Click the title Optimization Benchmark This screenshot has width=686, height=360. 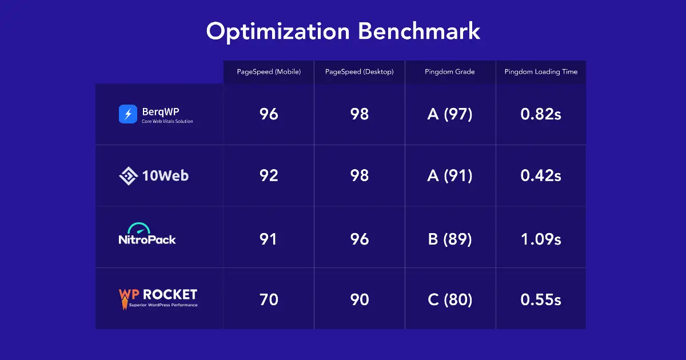[x=343, y=31]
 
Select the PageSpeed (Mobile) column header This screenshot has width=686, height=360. [x=269, y=72]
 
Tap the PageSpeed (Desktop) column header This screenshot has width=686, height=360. [x=359, y=72]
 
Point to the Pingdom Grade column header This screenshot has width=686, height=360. [x=450, y=72]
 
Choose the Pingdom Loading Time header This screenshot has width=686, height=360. [x=541, y=72]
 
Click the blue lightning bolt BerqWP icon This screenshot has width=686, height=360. [x=128, y=114]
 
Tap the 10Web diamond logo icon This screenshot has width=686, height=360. [x=129, y=175]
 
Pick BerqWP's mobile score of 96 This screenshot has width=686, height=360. [x=269, y=114]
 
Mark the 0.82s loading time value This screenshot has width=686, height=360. [x=541, y=114]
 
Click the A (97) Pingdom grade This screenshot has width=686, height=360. [x=450, y=114]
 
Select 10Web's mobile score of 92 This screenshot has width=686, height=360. [x=269, y=175]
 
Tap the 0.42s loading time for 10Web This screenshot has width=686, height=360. [x=541, y=175]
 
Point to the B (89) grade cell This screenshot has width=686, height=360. [x=450, y=238]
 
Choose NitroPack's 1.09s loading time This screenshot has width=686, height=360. [x=541, y=238]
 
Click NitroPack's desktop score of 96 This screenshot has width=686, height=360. [x=359, y=238]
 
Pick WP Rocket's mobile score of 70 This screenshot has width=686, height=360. [x=269, y=299]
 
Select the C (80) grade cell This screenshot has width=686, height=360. [x=450, y=299]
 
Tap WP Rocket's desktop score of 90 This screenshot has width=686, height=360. [x=359, y=299]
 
